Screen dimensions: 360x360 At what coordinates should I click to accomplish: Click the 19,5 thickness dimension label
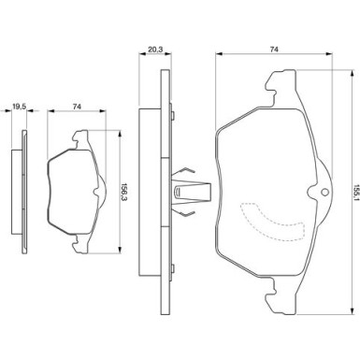pos(19,107)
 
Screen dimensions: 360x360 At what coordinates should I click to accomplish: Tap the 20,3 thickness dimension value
pos(155,50)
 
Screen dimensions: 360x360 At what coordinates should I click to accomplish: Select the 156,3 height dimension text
pos(123,192)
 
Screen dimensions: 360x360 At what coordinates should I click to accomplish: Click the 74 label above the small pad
pos(77,107)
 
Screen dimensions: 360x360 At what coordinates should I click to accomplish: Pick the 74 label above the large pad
pos(274,50)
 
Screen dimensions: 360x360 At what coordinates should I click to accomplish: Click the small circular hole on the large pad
pos(324,192)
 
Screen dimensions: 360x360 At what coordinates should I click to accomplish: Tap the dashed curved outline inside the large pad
pos(272,222)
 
